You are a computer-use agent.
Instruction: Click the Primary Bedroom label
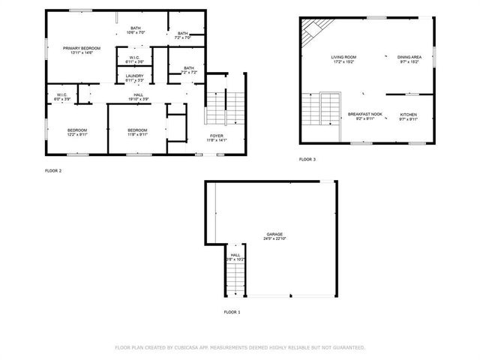coord(80,48)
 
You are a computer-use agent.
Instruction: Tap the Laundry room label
coord(135,76)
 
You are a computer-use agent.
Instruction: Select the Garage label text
coord(273,234)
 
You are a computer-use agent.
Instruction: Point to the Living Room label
coord(343,57)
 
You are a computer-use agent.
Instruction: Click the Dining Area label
coord(409,57)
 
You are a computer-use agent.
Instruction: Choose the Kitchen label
coord(409,114)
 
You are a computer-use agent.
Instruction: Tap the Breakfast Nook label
coord(365,114)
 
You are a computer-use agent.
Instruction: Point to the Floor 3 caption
coord(307,160)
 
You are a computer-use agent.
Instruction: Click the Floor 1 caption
coord(232,311)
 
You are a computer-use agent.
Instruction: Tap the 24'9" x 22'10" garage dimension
coord(273,239)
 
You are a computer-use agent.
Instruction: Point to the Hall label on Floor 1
coord(235,255)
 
